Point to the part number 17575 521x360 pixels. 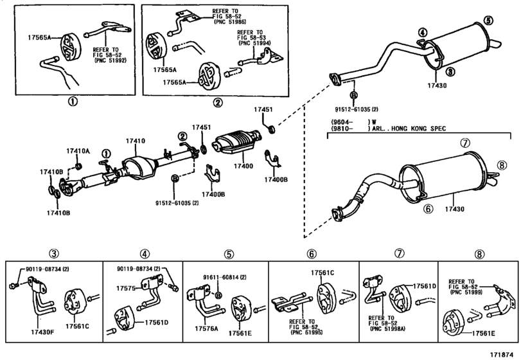click(127, 288)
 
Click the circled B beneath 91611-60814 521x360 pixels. click(217, 295)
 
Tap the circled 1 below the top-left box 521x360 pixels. click(73, 101)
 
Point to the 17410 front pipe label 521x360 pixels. click(136, 140)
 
